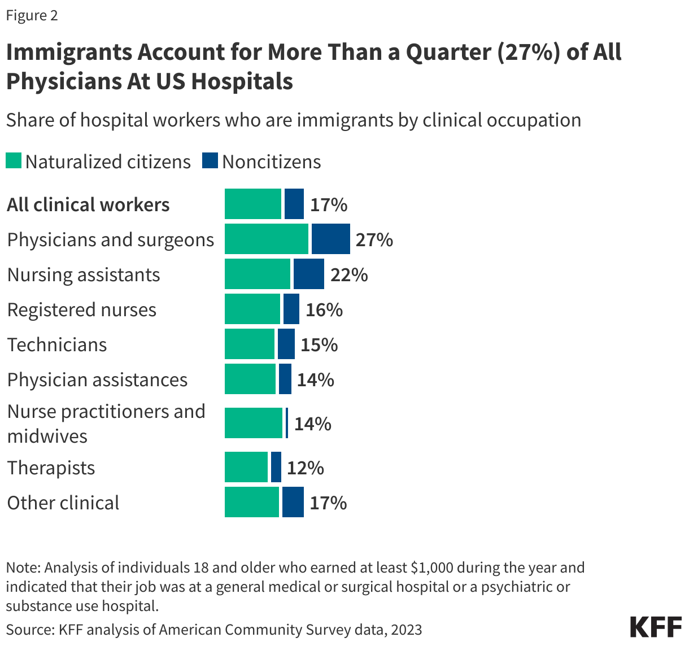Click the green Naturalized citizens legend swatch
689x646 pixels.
point(14,161)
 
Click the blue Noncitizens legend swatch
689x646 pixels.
point(210,161)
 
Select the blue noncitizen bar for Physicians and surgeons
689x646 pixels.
point(330,239)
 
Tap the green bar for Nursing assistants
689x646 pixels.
point(258,274)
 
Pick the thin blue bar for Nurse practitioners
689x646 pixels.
point(287,423)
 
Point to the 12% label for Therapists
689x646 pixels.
point(305,468)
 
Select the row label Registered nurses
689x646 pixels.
point(81,309)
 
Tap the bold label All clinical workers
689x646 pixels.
point(88,204)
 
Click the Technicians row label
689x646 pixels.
point(56,344)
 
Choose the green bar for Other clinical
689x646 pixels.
point(252,502)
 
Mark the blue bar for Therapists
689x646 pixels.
point(276,467)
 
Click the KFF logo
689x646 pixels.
point(655,627)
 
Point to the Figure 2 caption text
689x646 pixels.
point(32,15)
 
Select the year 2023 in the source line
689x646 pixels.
point(407,629)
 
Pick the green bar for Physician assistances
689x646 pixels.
point(250,379)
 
